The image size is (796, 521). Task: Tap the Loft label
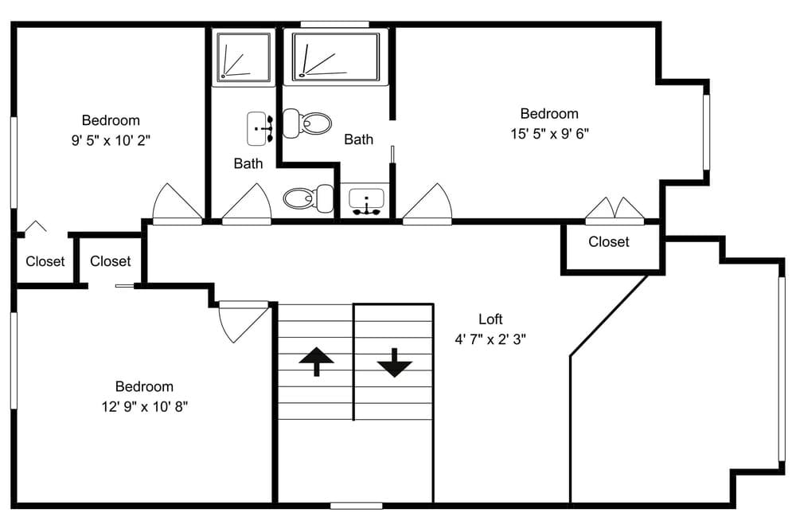click(x=490, y=319)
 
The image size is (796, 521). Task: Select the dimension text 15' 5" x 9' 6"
click(x=549, y=134)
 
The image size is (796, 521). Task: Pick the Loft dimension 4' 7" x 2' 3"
click(x=490, y=339)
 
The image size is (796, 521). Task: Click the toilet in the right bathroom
click(x=309, y=123)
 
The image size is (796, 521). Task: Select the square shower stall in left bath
click(x=243, y=57)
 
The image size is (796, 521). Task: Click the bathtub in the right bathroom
click(x=335, y=57)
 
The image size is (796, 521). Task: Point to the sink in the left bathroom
click(x=259, y=128)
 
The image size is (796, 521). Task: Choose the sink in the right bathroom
click(x=366, y=202)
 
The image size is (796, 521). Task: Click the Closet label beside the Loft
click(x=608, y=241)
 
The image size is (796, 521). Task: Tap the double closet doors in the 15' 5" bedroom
click(x=614, y=210)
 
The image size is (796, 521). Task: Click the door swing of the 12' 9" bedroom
click(x=240, y=320)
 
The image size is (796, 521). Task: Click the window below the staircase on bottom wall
click(x=356, y=505)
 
